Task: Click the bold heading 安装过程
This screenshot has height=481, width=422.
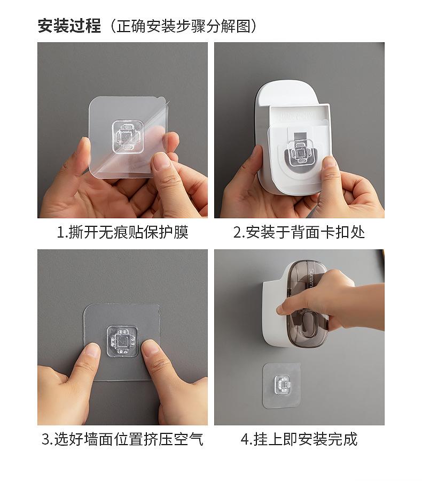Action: click(69, 25)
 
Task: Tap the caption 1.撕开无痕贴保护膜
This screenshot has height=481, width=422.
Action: click(122, 232)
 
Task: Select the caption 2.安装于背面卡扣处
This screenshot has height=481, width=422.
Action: click(299, 232)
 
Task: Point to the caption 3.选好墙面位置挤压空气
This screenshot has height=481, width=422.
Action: click(122, 439)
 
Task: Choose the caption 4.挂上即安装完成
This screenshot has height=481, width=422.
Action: click(299, 439)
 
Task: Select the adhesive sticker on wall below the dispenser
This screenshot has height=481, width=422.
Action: click(282, 385)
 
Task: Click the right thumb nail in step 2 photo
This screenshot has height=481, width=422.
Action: click(330, 162)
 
